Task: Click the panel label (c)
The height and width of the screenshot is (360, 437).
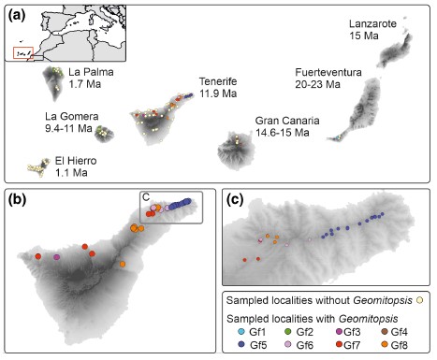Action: tap(236, 198)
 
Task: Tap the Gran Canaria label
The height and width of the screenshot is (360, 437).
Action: tap(286, 121)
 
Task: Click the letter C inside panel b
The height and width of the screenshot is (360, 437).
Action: tap(145, 195)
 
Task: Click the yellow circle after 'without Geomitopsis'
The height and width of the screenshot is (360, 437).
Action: tap(420, 300)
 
